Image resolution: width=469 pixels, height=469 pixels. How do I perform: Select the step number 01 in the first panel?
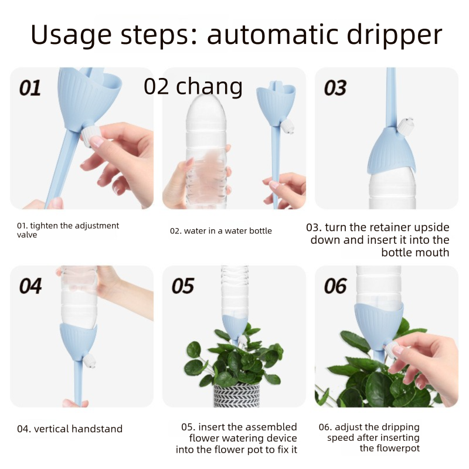coord(30,88)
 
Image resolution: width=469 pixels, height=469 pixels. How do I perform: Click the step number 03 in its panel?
coord(335,88)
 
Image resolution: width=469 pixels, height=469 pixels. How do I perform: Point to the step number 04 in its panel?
coord(30,286)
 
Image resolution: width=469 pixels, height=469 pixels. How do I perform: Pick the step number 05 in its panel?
coord(182,286)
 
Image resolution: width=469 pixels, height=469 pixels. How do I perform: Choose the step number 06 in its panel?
coord(335,286)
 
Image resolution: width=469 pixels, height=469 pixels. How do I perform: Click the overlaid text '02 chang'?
coord(193,87)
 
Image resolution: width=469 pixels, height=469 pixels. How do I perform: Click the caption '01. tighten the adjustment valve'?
coord(67,230)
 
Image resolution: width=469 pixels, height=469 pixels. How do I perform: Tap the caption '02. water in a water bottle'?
coord(221,231)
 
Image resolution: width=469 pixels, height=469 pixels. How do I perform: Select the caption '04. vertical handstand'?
coord(70,429)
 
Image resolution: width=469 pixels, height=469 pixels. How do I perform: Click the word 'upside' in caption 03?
coord(429,227)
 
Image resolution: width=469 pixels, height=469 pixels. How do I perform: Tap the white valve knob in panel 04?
coord(89,360)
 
